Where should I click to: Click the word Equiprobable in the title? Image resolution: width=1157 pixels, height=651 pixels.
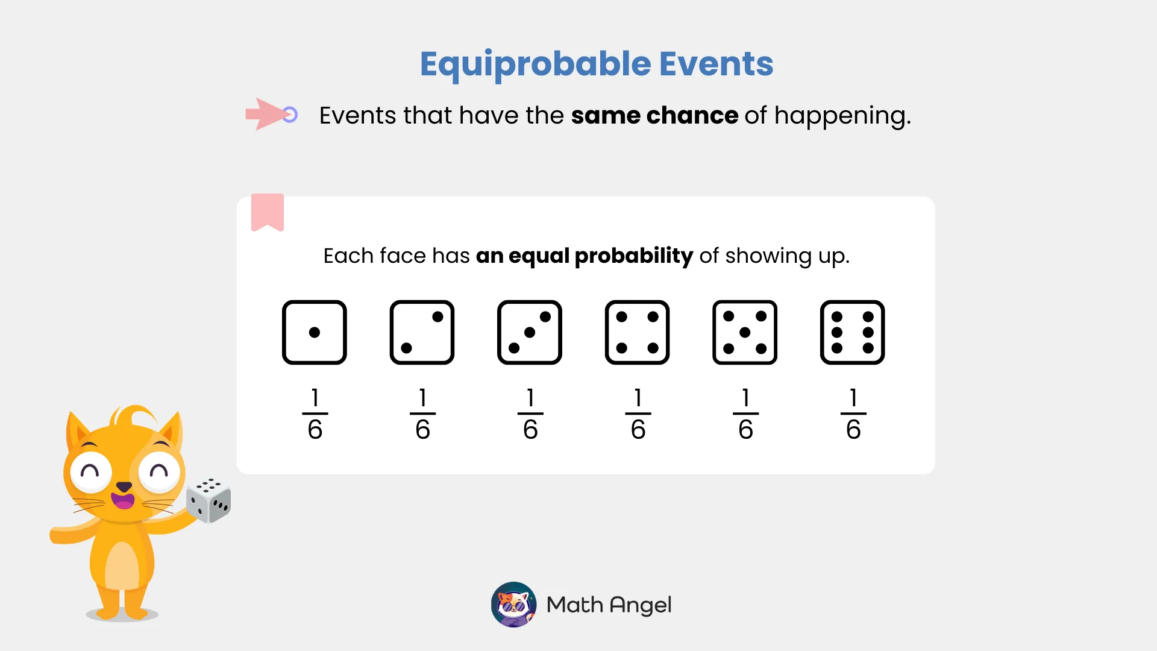[535, 64]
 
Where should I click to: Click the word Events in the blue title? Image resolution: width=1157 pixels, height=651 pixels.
[716, 64]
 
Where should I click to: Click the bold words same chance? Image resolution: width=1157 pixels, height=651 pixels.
[654, 115]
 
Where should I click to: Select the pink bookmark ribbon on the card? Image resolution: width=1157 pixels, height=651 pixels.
[268, 212]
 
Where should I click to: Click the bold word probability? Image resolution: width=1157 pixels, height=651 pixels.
[633, 256]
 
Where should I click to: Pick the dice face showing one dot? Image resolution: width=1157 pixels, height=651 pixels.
[315, 332]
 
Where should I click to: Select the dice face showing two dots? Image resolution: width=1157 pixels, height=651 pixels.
[422, 332]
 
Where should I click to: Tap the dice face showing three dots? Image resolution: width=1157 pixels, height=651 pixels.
[530, 332]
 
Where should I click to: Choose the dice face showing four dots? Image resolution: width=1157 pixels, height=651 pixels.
[637, 332]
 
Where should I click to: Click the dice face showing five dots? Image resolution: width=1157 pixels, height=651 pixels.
[745, 332]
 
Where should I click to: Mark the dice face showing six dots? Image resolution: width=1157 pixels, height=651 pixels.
[852, 332]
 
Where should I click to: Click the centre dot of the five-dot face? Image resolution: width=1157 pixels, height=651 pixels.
[745, 332]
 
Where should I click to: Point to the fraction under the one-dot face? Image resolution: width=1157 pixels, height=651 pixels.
[315, 414]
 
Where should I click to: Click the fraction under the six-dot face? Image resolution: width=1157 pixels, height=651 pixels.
[853, 414]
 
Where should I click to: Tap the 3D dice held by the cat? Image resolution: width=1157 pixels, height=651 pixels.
[209, 500]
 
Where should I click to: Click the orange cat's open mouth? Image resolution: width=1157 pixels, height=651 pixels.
[124, 500]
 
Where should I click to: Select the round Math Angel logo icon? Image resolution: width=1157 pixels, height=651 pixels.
[513, 605]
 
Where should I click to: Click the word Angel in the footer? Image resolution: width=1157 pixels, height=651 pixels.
[641, 605]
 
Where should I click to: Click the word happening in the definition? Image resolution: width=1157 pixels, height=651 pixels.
[842, 116]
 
